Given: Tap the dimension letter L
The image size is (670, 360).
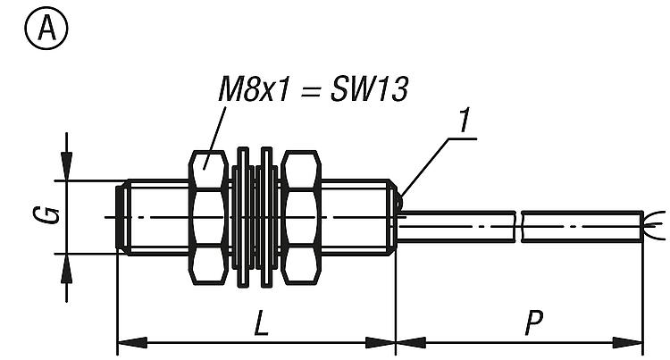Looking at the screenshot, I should pos(259,323).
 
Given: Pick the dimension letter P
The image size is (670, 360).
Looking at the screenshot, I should pos(534,323).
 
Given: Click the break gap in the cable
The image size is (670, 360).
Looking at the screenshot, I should pos(519,225).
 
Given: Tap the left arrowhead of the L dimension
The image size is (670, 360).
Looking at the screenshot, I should pos(130,341).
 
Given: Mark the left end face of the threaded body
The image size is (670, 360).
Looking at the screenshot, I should pos(121,217).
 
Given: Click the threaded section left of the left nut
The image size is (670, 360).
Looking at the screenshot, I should pos(156,217).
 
